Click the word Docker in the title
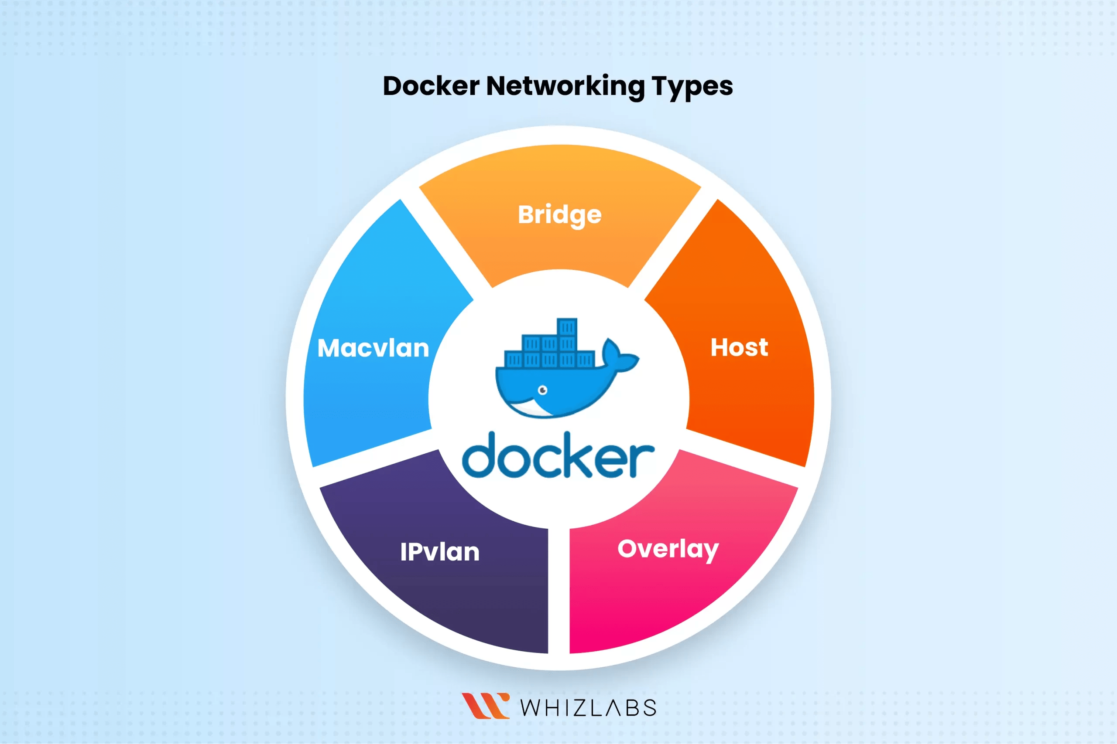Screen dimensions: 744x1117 coord(431,86)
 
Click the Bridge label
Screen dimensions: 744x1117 coord(559,215)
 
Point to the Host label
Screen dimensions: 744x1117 coord(739,347)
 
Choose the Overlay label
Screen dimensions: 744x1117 coord(668,550)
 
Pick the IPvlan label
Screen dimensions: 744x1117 coord(440,552)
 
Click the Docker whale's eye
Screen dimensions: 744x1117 coord(542,390)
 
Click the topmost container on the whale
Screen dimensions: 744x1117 coord(567,327)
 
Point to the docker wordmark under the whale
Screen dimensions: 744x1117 coord(558,455)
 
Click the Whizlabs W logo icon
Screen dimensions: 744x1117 coord(485,706)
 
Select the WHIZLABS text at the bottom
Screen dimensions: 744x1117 coord(588,707)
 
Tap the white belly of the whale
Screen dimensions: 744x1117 coord(527,408)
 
